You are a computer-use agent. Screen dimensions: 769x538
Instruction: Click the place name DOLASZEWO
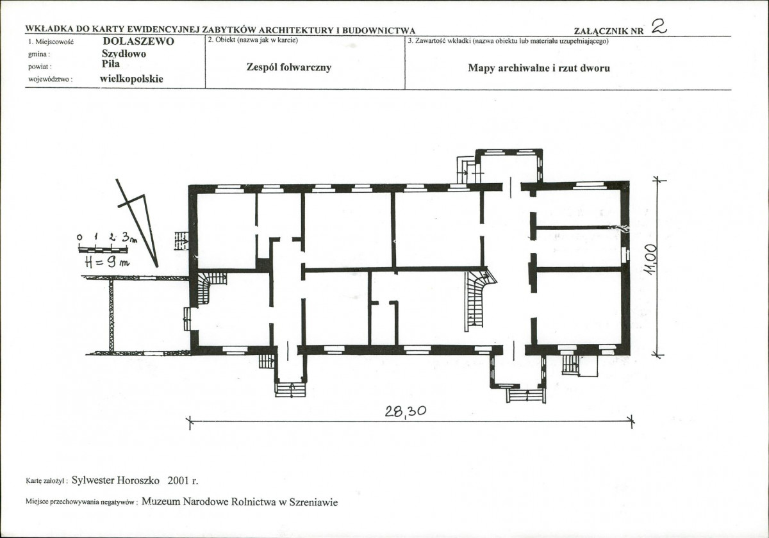(x=138, y=41)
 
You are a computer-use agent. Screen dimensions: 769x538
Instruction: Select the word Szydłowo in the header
(x=124, y=54)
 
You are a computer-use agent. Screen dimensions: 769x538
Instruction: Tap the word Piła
(x=110, y=64)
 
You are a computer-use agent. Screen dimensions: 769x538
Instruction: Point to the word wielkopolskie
(x=131, y=79)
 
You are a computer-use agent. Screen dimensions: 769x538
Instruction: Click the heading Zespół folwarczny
(x=289, y=67)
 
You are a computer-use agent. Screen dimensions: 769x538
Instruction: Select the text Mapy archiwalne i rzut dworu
(x=539, y=68)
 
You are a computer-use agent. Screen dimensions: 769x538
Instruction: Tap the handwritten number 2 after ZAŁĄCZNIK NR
(x=659, y=26)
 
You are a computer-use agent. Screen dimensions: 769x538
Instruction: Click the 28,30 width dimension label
(x=406, y=411)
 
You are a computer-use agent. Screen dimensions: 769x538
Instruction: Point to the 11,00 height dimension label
(x=651, y=259)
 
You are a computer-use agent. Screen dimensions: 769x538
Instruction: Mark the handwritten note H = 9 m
(x=107, y=263)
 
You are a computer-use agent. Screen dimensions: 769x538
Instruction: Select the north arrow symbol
(x=137, y=223)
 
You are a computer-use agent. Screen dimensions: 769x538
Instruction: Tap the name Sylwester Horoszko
(x=115, y=480)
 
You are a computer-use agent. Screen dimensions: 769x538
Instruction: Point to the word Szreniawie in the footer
(x=313, y=502)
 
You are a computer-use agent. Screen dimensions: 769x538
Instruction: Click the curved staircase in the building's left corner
(x=210, y=288)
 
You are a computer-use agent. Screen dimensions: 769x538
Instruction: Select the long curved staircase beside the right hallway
(x=478, y=299)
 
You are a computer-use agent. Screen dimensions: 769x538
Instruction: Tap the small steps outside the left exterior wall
(x=181, y=241)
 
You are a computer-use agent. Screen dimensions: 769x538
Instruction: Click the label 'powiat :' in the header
(x=40, y=67)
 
